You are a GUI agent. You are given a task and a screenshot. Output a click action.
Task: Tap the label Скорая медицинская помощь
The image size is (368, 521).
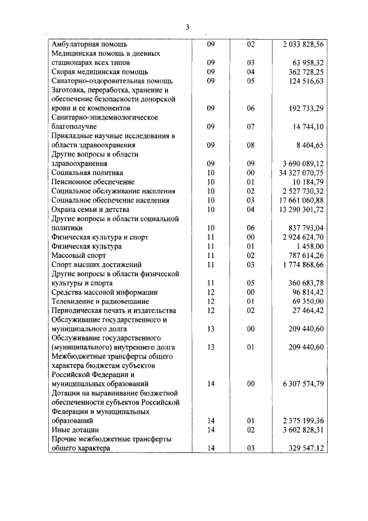tap(99, 71)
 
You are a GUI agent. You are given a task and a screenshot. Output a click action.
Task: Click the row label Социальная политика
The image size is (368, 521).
tap(87, 172)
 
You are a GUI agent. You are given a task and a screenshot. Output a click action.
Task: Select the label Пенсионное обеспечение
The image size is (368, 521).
tap(91, 181)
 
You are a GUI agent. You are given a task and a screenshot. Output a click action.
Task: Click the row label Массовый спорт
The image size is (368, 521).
tap(78, 255)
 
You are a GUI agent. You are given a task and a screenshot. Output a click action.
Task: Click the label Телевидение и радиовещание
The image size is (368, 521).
tap(100, 301)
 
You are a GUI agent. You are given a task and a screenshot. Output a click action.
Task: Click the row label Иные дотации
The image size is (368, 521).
tap(75, 429)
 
